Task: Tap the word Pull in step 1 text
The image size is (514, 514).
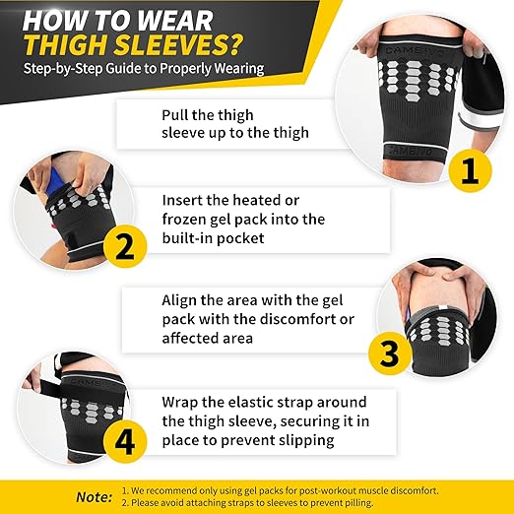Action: (176, 114)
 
